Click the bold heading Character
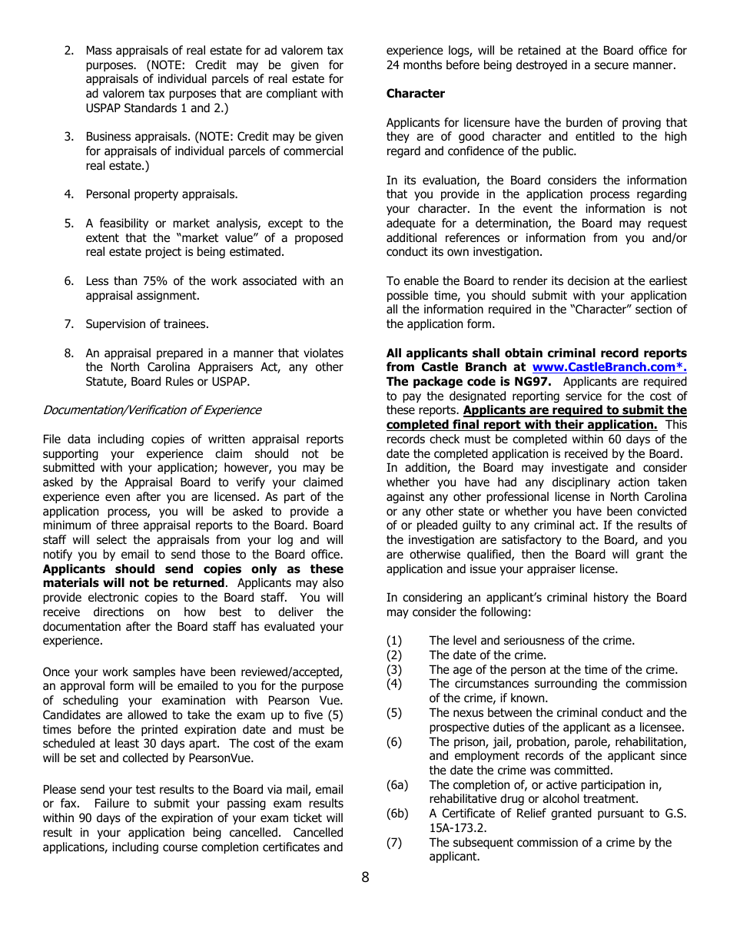coord(415,94)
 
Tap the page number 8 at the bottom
coord(365,877)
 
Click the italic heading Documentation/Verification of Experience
coord(151,410)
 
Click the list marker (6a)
coord(397,785)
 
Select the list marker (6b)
coord(397,814)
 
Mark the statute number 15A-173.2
coord(458,828)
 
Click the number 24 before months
coord(393,65)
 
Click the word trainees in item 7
coord(184,324)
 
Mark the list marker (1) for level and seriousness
coord(393,641)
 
